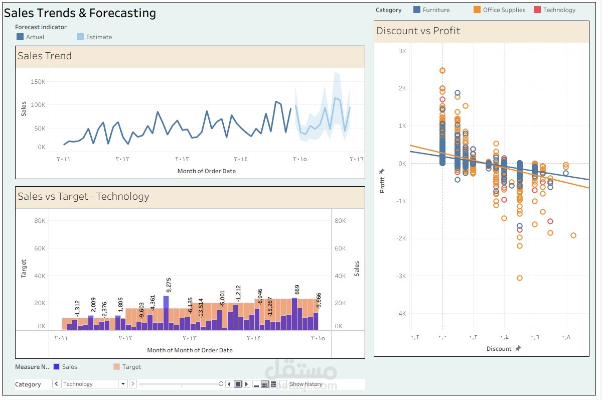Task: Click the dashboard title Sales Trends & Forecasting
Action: [x=80, y=13]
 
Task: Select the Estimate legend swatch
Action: [x=80, y=37]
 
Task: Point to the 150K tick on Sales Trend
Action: [x=38, y=81]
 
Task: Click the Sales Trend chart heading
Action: [x=45, y=56]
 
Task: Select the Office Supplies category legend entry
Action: [x=499, y=10]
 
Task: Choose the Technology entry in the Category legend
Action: [x=554, y=10]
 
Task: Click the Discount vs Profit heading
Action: [x=418, y=31]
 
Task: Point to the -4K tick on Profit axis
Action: [x=400, y=314]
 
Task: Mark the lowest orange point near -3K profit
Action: [x=520, y=278]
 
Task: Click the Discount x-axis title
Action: [x=499, y=349]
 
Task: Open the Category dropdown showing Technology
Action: [x=123, y=384]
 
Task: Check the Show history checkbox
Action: [x=284, y=384]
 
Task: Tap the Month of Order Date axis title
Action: [x=206, y=171]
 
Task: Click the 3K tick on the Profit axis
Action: [x=402, y=51]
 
